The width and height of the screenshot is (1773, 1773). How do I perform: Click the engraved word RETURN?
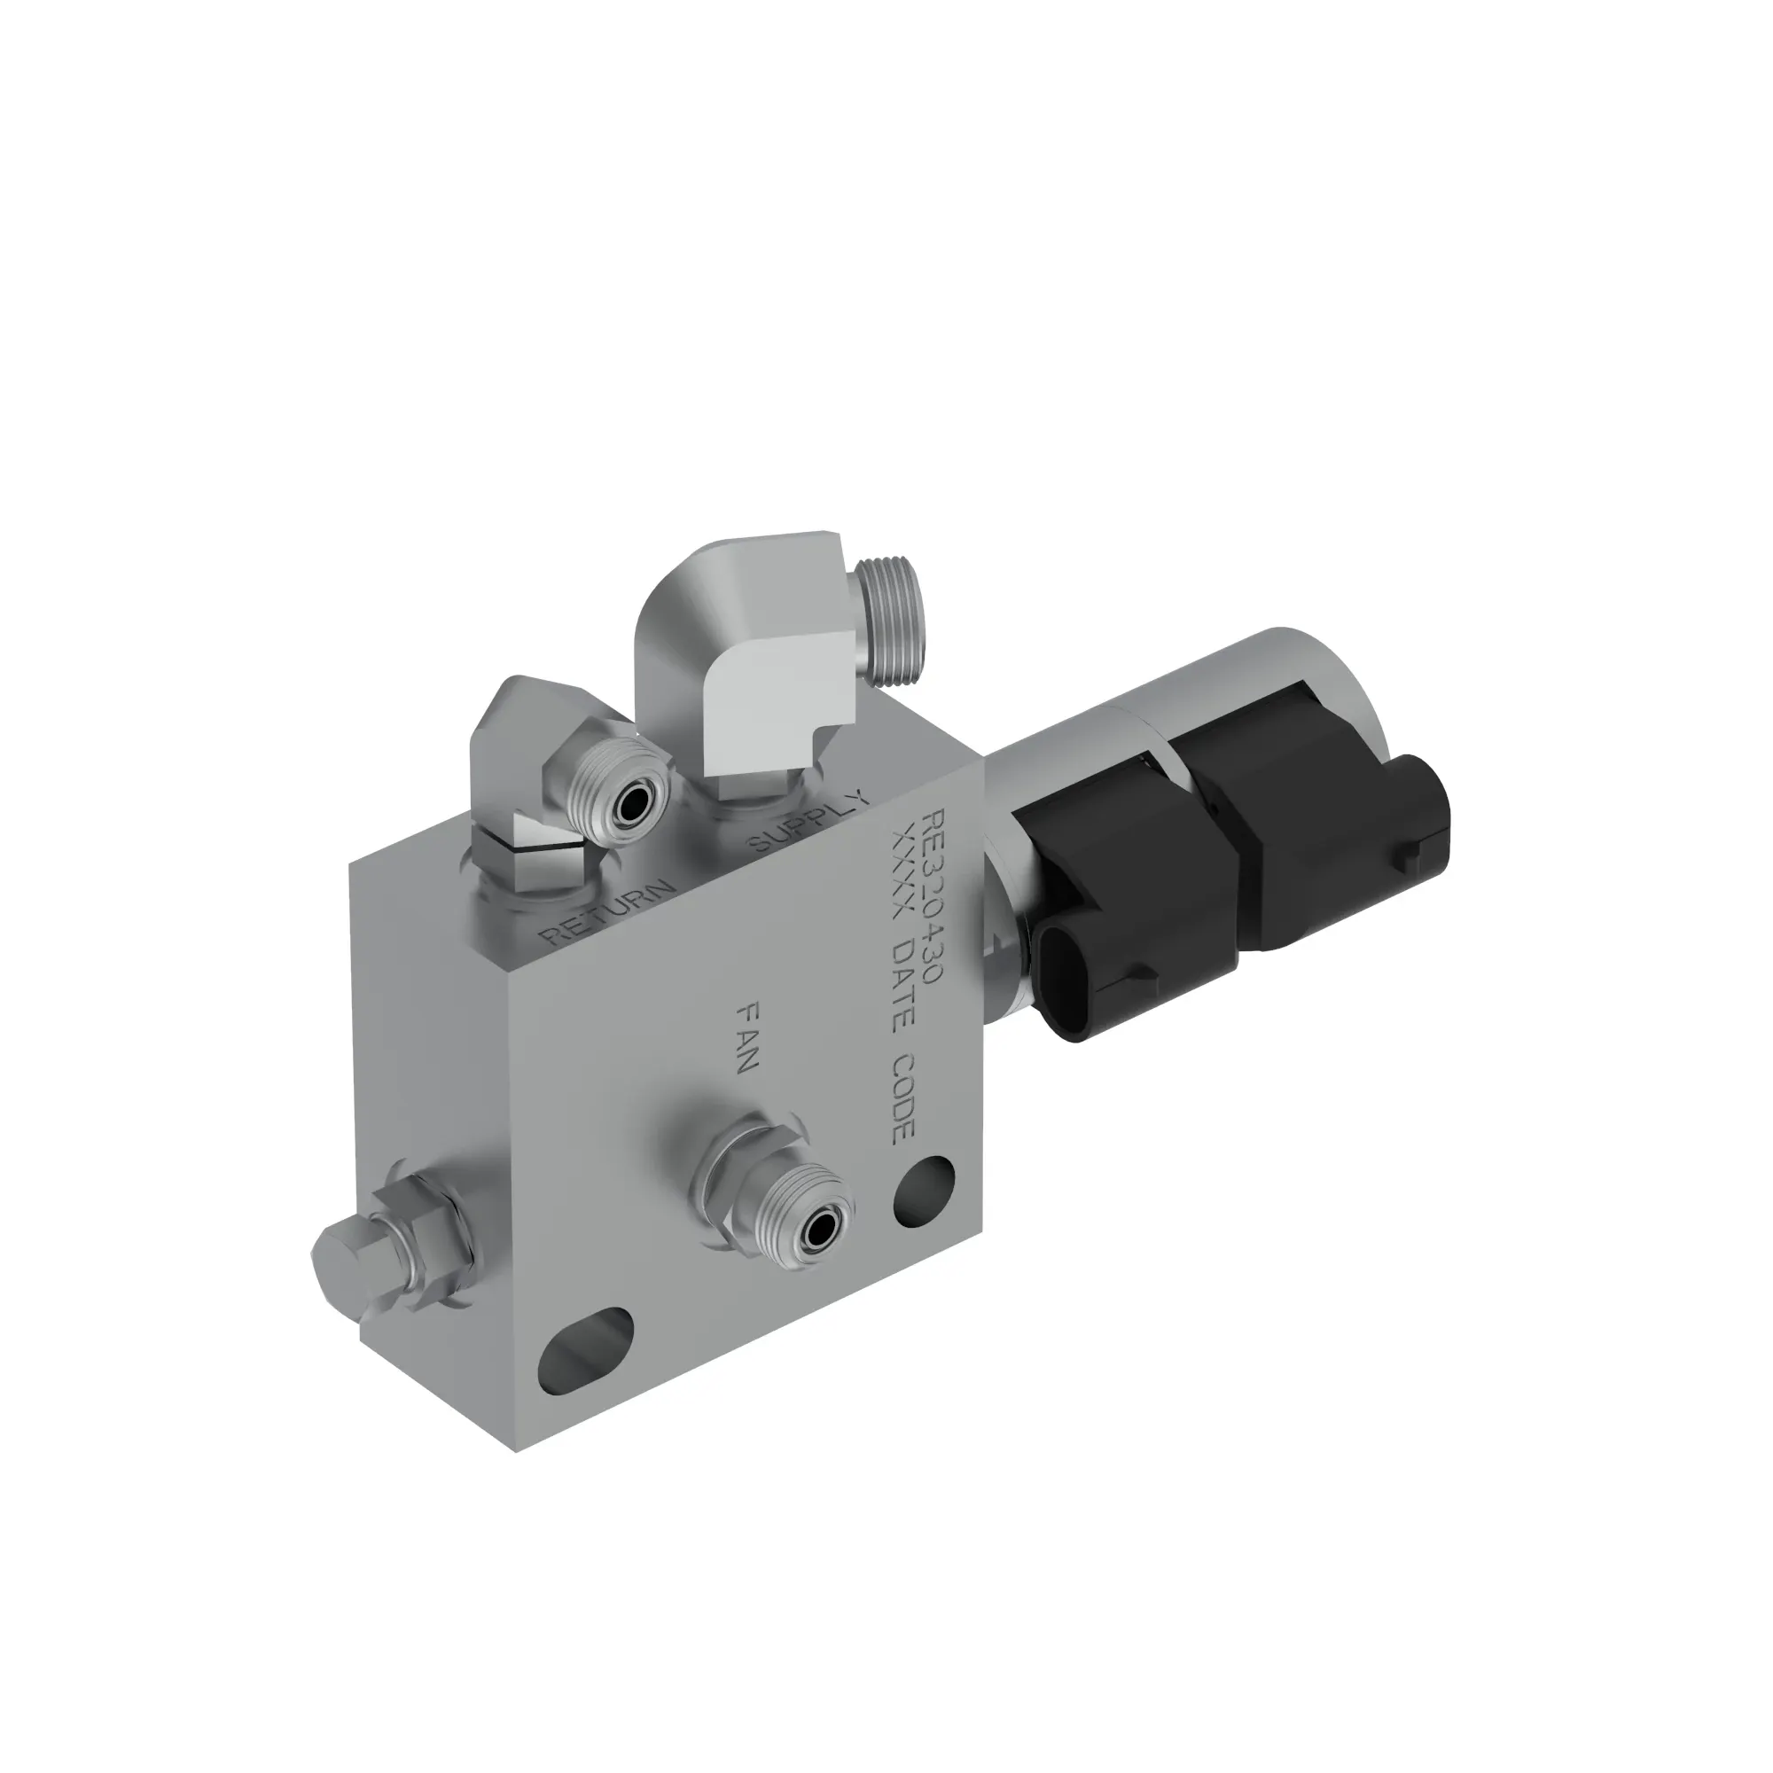click(x=608, y=914)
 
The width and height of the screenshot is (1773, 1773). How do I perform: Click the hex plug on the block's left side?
click(x=344, y=1255)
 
